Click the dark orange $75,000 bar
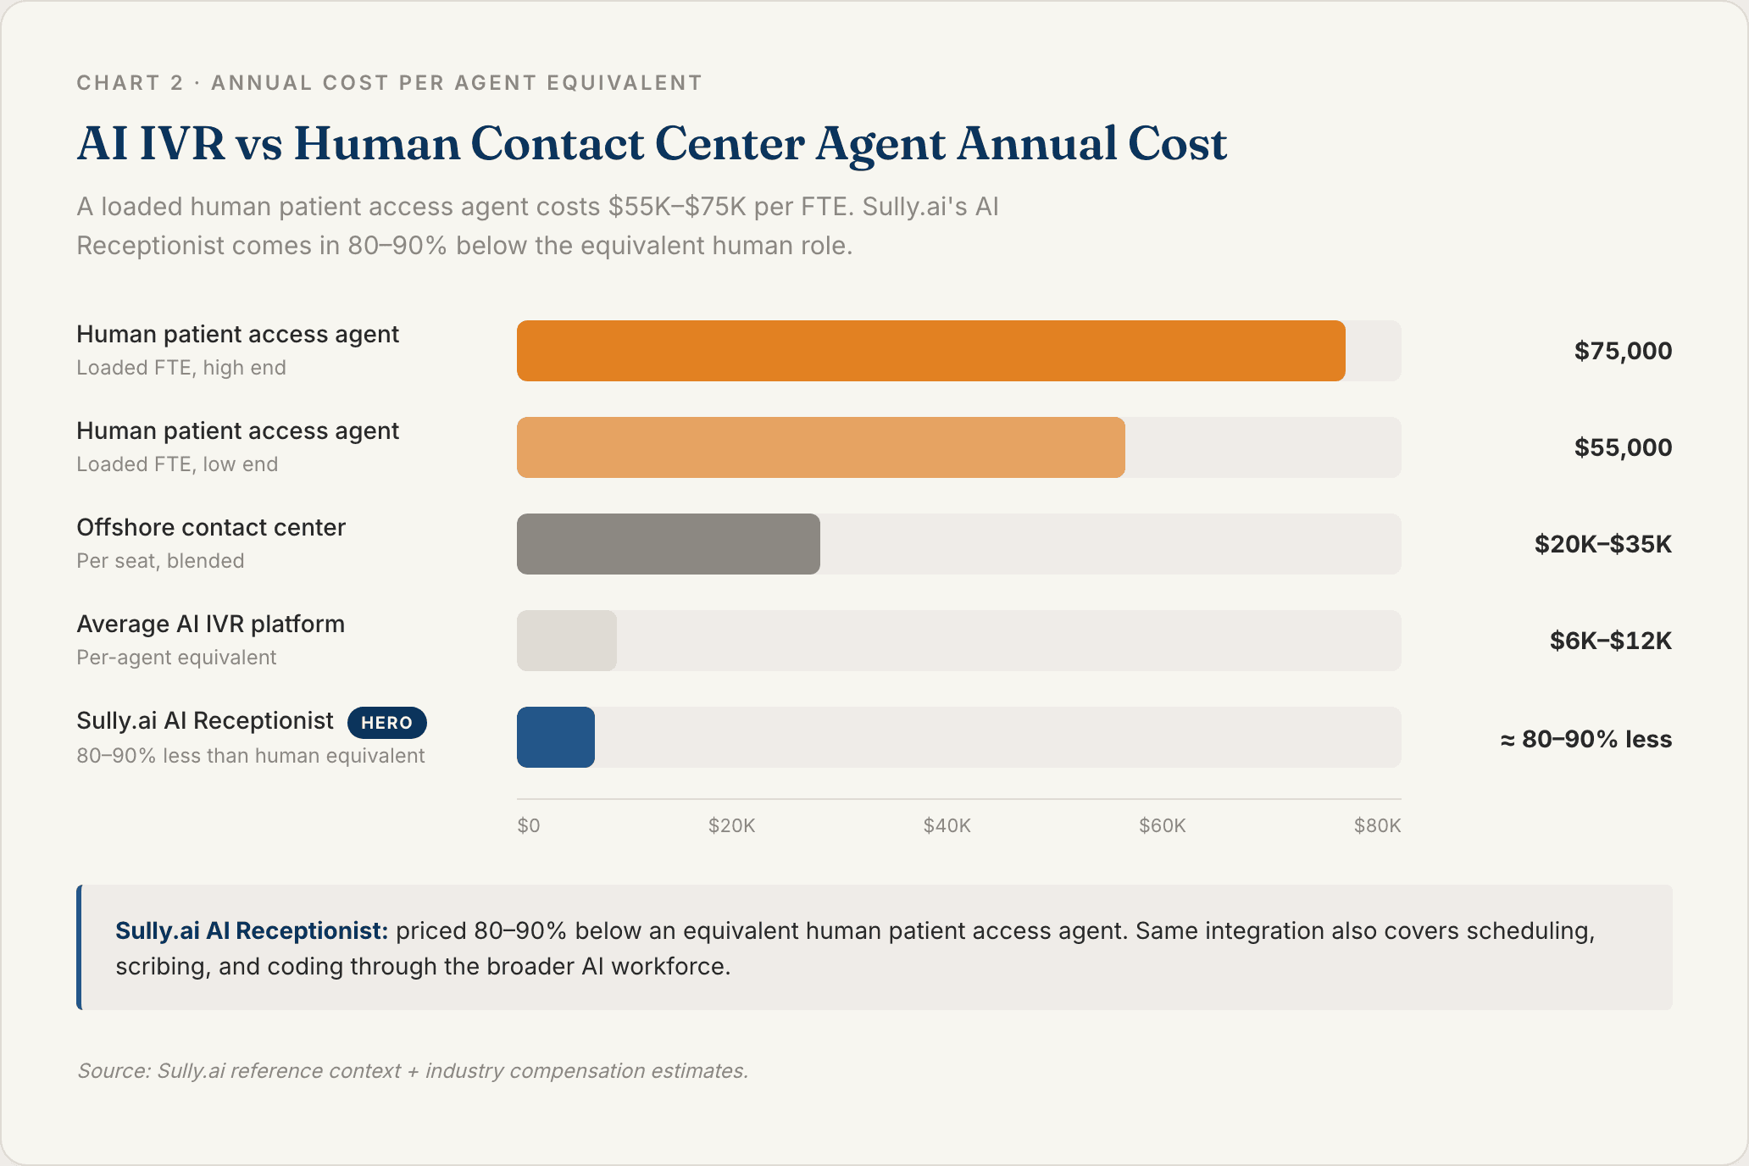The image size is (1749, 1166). pyautogui.click(x=930, y=351)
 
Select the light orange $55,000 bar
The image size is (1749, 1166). pyautogui.click(x=820, y=447)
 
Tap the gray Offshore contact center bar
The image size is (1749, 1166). pyautogui.click(x=668, y=544)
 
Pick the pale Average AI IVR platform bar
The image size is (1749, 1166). pyautogui.click(x=566, y=641)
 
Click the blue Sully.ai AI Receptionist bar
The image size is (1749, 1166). pyautogui.click(x=556, y=737)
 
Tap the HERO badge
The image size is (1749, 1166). pyautogui.click(x=386, y=723)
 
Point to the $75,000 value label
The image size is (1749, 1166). pyautogui.click(x=1622, y=351)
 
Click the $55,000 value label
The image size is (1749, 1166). pyautogui.click(x=1622, y=447)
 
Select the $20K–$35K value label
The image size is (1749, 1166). pyautogui.click(x=1602, y=544)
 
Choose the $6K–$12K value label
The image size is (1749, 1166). pyautogui.click(x=1610, y=641)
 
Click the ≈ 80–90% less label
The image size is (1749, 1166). pyautogui.click(x=1585, y=739)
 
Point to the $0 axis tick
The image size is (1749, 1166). pyautogui.click(x=529, y=825)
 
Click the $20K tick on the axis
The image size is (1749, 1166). pyautogui.click(x=731, y=825)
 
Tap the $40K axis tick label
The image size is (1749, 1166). pyautogui.click(x=947, y=825)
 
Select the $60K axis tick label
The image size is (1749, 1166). pyautogui.click(x=1162, y=825)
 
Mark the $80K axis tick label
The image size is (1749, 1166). pyautogui.click(x=1377, y=825)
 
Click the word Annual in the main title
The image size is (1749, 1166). pyautogui.click(x=1037, y=144)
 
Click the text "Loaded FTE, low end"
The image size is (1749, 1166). pyautogui.click(x=177, y=464)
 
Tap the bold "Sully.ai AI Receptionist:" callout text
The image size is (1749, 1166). pyautogui.click(x=251, y=930)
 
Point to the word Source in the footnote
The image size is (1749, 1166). pyautogui.click(x=114, y=1071)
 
